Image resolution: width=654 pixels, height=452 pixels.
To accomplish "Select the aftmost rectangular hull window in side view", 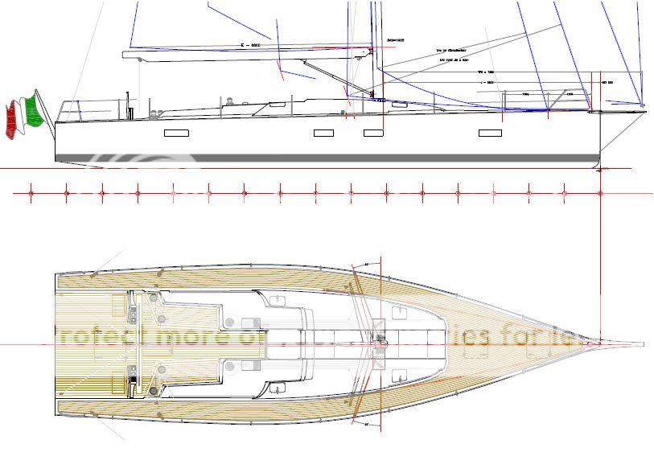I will [176, 134].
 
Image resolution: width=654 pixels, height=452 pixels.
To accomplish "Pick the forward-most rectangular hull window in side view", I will [490, 133].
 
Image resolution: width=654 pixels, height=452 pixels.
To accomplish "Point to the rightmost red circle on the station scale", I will [600, 193].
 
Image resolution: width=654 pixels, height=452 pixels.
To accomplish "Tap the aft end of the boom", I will [125, 55].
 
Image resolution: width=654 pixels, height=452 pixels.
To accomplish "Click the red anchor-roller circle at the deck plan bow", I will [593, 344].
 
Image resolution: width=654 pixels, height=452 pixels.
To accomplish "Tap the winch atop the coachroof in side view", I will [228, 101].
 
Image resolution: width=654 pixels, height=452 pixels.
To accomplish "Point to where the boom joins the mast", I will [372, 50].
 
